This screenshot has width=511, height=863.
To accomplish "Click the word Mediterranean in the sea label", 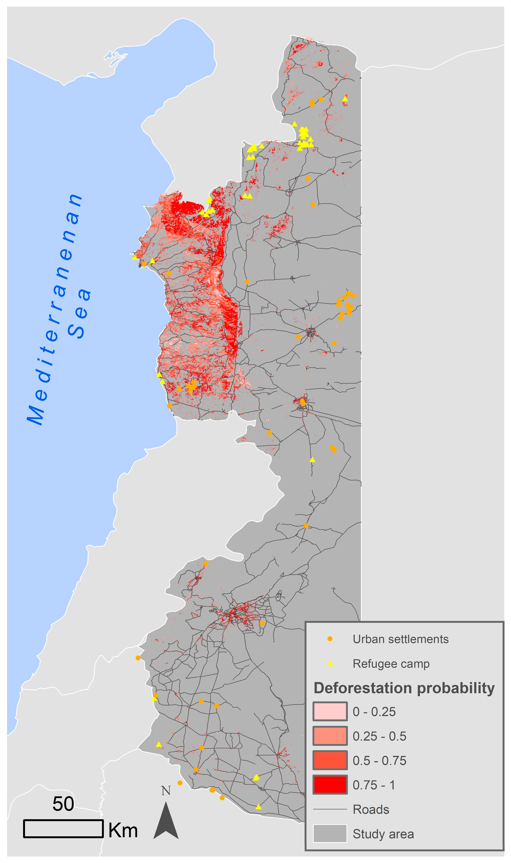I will coord(55,310).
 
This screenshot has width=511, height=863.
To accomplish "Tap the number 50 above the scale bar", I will coord(63,804).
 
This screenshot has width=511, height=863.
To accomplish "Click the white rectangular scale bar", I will coord(63,828).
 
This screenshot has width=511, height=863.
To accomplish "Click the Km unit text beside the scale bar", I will coord(123,831).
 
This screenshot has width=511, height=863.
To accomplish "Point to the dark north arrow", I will coord(166,821).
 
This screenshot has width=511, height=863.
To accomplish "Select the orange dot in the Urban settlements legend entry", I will coord(330,639).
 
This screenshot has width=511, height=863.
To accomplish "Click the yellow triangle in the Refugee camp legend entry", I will coord(330,663).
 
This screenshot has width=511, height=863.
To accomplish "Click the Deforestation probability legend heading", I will coord(404,688).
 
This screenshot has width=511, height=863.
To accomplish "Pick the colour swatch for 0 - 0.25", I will coord(330,712).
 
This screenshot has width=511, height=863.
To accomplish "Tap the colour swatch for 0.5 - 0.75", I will coord(330,760).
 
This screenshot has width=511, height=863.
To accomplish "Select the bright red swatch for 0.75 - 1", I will coord(330,785).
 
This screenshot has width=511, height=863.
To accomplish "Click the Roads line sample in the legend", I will coord(330,809).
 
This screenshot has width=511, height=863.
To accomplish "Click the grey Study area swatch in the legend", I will coord(330,834).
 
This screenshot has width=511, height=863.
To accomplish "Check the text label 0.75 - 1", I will coord(374,785).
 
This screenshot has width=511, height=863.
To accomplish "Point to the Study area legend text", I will coord(383,834).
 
